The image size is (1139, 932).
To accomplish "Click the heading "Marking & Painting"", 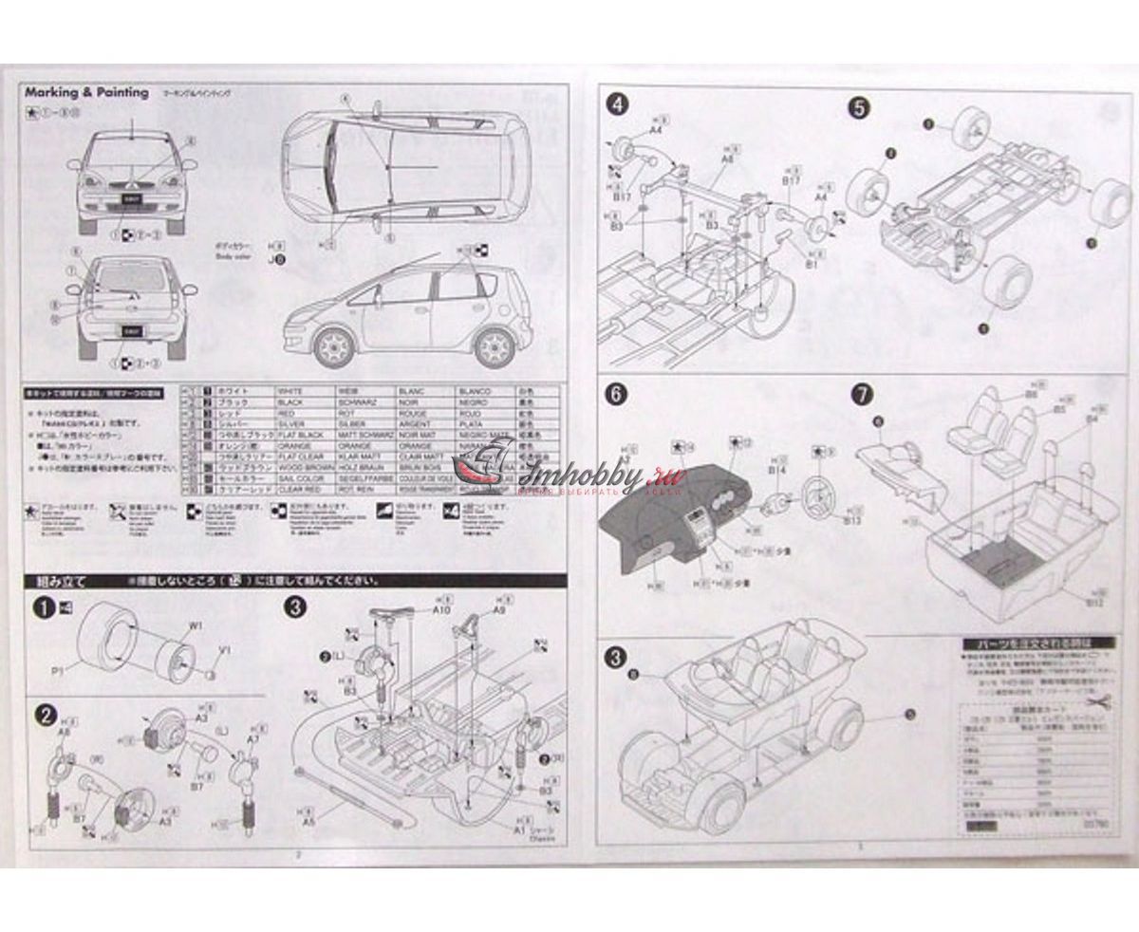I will [87, 93].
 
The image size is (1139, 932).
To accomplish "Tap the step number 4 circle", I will [619, 105].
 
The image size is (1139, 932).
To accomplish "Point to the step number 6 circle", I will [619, 397].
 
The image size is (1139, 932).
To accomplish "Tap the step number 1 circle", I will [42, 609].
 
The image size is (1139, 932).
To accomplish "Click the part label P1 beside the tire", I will [58, 670].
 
